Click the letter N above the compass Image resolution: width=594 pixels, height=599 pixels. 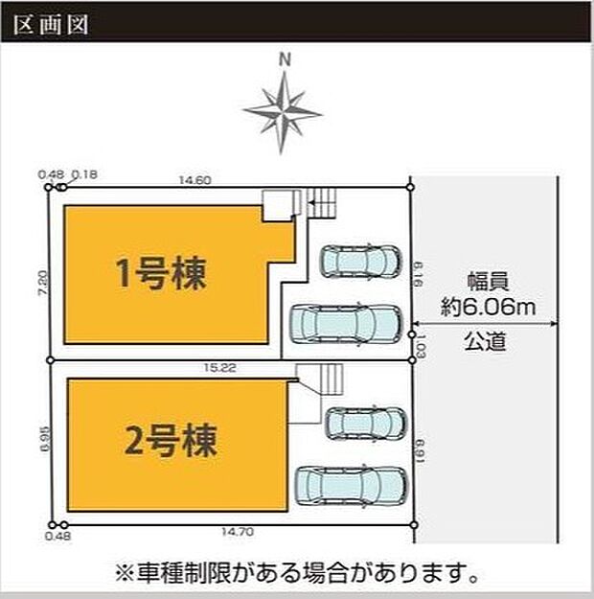pos(284,59)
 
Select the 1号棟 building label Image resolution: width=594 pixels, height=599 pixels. pos(162,275)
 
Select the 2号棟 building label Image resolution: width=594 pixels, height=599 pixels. pos(171,442)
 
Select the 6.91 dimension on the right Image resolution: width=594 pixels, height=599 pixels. pos(419,446)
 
